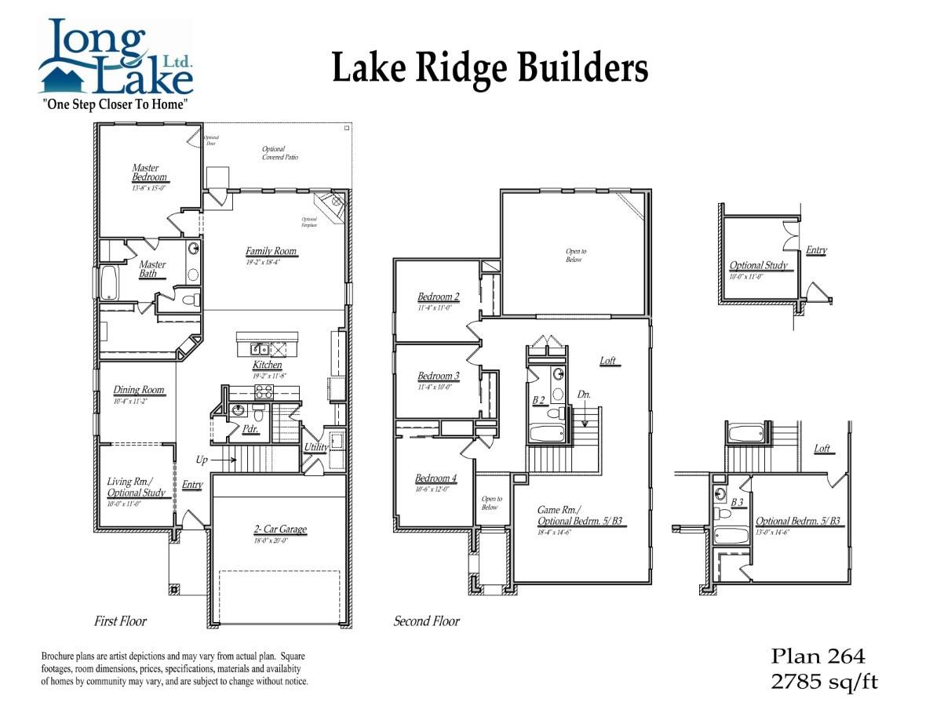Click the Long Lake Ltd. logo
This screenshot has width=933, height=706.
pyautogui.click(x=115, y=59)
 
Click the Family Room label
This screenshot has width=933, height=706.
pyautogui.click(x=272, y=252)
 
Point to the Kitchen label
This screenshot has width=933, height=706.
pyautogui.click(x=267, y=366)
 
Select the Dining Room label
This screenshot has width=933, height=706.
pyautogui.click(x=139, y=390)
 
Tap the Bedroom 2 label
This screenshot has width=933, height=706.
pyautogui.click(x=438, y=297)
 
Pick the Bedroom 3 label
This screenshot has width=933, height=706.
pyautogui.click(x=438, y=376)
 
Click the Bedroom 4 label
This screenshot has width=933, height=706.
pyautogui.click(x=436, y=479)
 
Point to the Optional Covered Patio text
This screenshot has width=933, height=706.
pyautogui.click(x=279, y=153)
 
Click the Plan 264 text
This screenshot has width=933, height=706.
pyautogui.click(x=818, y=656)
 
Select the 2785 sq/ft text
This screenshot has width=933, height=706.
pyautogui.click(x=824, y=681)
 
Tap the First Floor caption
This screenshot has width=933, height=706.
pyautogui.click(x=120, y=621)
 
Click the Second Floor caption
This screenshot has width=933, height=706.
pyautogui.click(x=426, y=621)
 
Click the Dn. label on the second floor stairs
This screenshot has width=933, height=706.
pyautogui.click(x=584, y=395)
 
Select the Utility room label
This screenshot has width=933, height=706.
pyautogui.click(x=315, y=447)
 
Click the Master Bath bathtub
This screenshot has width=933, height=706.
pyautogui.click(x=108, y=282)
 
